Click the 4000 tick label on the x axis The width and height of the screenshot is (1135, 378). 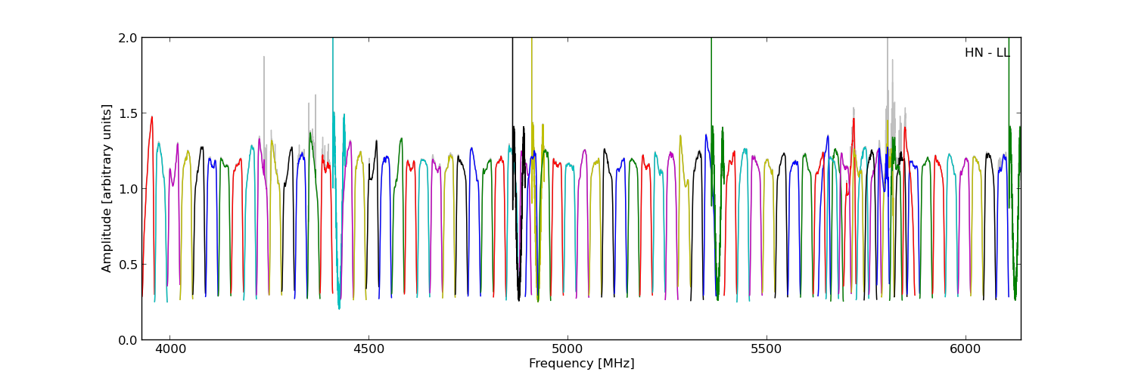point(169,350)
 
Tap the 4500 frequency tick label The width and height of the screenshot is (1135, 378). point(368,350)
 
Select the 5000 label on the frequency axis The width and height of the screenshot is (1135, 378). point(567,350)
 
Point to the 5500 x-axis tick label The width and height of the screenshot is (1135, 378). point(766,350)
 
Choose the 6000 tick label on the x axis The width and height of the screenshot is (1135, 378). point(965,350)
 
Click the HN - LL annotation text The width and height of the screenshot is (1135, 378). point(987,53)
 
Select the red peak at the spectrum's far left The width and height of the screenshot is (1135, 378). point(151,118)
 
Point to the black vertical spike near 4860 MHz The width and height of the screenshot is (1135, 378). point(512,76)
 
